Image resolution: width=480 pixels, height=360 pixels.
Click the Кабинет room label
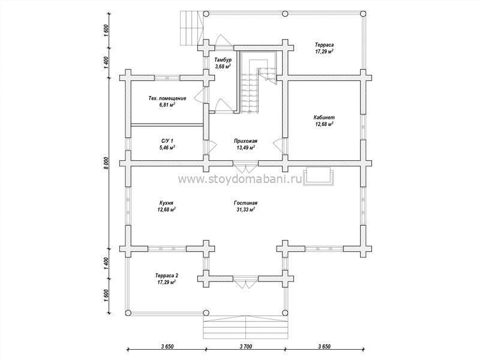pyautogui.click(x=324, y=117)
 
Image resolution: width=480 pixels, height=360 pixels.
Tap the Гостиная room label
pyautogui.click(x=245, y=203)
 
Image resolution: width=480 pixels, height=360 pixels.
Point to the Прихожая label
pyautogui.click(x=245, y=141)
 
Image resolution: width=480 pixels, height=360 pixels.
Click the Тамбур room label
pyautogui.click(x=223, y=59)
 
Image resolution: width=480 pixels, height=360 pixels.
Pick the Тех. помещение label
pyautogui.click(x=167, y=98)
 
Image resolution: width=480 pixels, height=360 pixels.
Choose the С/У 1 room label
pyautogui.click(x=167, y=141)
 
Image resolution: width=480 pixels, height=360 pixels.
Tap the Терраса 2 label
pyautogui.click(x=166, y=275)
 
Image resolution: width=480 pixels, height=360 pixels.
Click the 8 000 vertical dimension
pyautogui.click(x=106, y=163)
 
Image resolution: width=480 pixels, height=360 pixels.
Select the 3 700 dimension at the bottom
pyautogui.click(x=245, y=347)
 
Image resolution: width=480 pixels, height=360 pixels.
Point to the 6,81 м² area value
pyautogui.click(x=167, y=105)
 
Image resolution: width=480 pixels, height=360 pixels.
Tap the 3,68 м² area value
pyautogui.click(x=223, y=66)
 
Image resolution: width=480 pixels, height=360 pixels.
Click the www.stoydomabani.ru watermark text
pyautogui.click(x=241, y=179)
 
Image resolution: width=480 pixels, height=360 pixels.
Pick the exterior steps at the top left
pyautogui.click(x=191, y=28)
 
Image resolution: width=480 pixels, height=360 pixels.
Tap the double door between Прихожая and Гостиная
pyautogui.click(x=245, y=168)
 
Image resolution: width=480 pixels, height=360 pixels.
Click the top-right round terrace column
pyautogui.click(x=363, y=13)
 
